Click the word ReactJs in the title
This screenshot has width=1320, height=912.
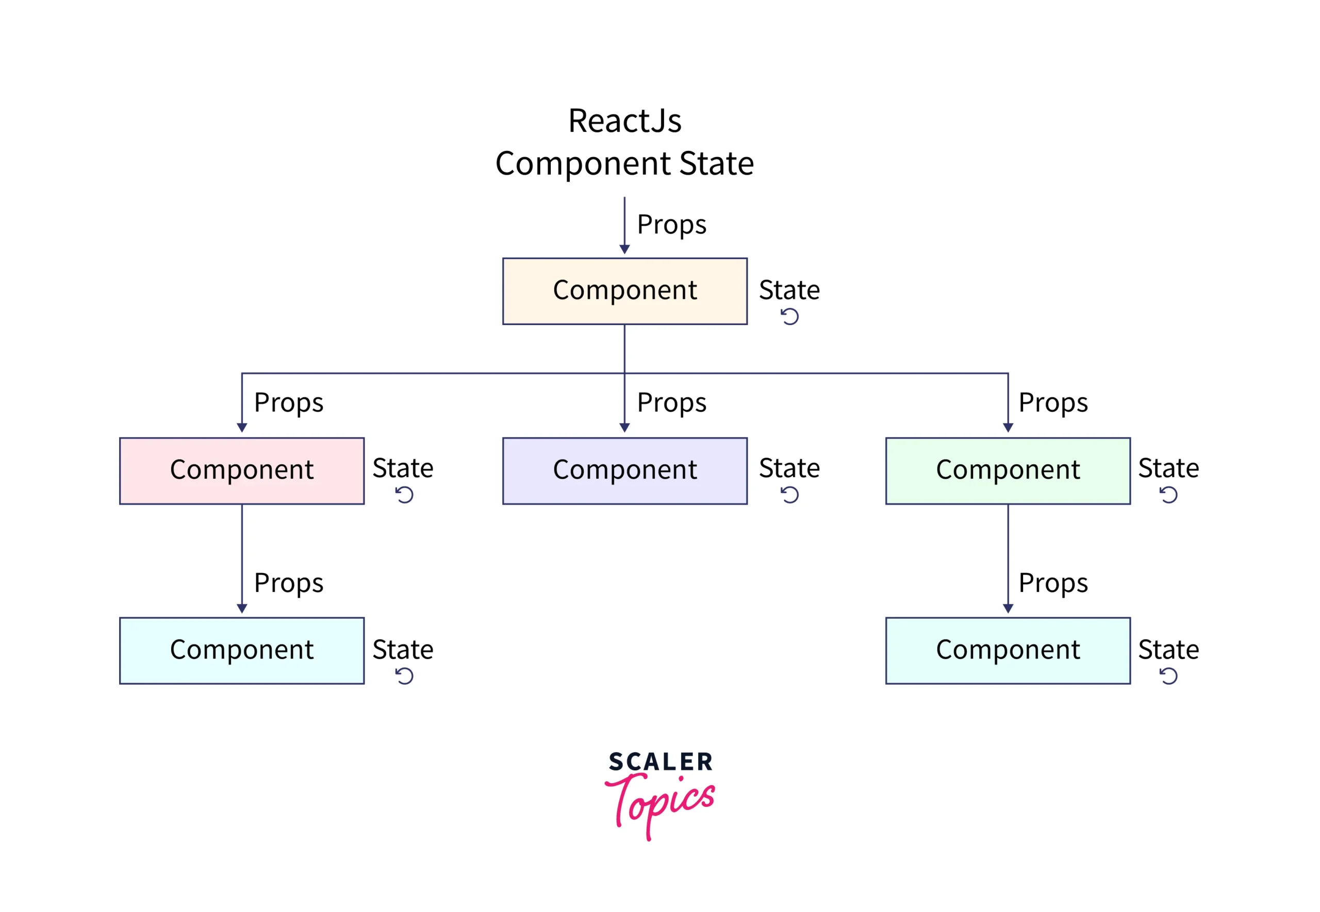coord(624,121)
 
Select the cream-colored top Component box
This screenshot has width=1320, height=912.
coord(624,291)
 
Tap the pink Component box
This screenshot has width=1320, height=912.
coord(241,471)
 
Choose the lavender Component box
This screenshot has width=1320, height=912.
coord(624,471)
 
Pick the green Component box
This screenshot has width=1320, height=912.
coord(1008,471)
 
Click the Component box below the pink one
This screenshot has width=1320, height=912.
coord(241,650)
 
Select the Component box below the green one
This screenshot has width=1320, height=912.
coord(1008,650)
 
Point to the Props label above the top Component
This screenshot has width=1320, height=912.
coord(671,225)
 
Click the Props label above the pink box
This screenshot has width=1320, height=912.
coord(288,403)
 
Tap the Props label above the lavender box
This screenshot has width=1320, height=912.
coord(671,403)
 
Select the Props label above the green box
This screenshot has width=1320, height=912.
coord(1053,403)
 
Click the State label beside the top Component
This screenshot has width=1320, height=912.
coord(789,290)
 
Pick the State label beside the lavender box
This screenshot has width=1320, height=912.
coord(789,468)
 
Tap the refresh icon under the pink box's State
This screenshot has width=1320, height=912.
coord(404,495)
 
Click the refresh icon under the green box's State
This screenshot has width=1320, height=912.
coord(1168,495)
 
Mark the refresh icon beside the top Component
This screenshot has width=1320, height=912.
coord(789,316)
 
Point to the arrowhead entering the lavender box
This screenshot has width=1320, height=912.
coord(624,428)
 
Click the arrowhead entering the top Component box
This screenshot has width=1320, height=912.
coord(624,249)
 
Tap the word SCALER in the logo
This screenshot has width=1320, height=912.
coord(661,762)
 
